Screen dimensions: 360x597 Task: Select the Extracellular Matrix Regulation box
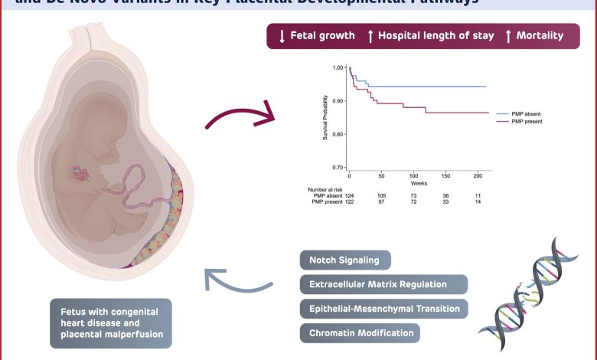coord(378,284)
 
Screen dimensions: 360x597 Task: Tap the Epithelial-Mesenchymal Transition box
coord(383,309)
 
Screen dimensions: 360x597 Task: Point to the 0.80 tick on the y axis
coord(338,134)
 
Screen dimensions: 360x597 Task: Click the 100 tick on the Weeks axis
coord(413,176)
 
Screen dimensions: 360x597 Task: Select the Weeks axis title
coord(419,184)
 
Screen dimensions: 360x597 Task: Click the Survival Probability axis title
coord(325,116)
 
